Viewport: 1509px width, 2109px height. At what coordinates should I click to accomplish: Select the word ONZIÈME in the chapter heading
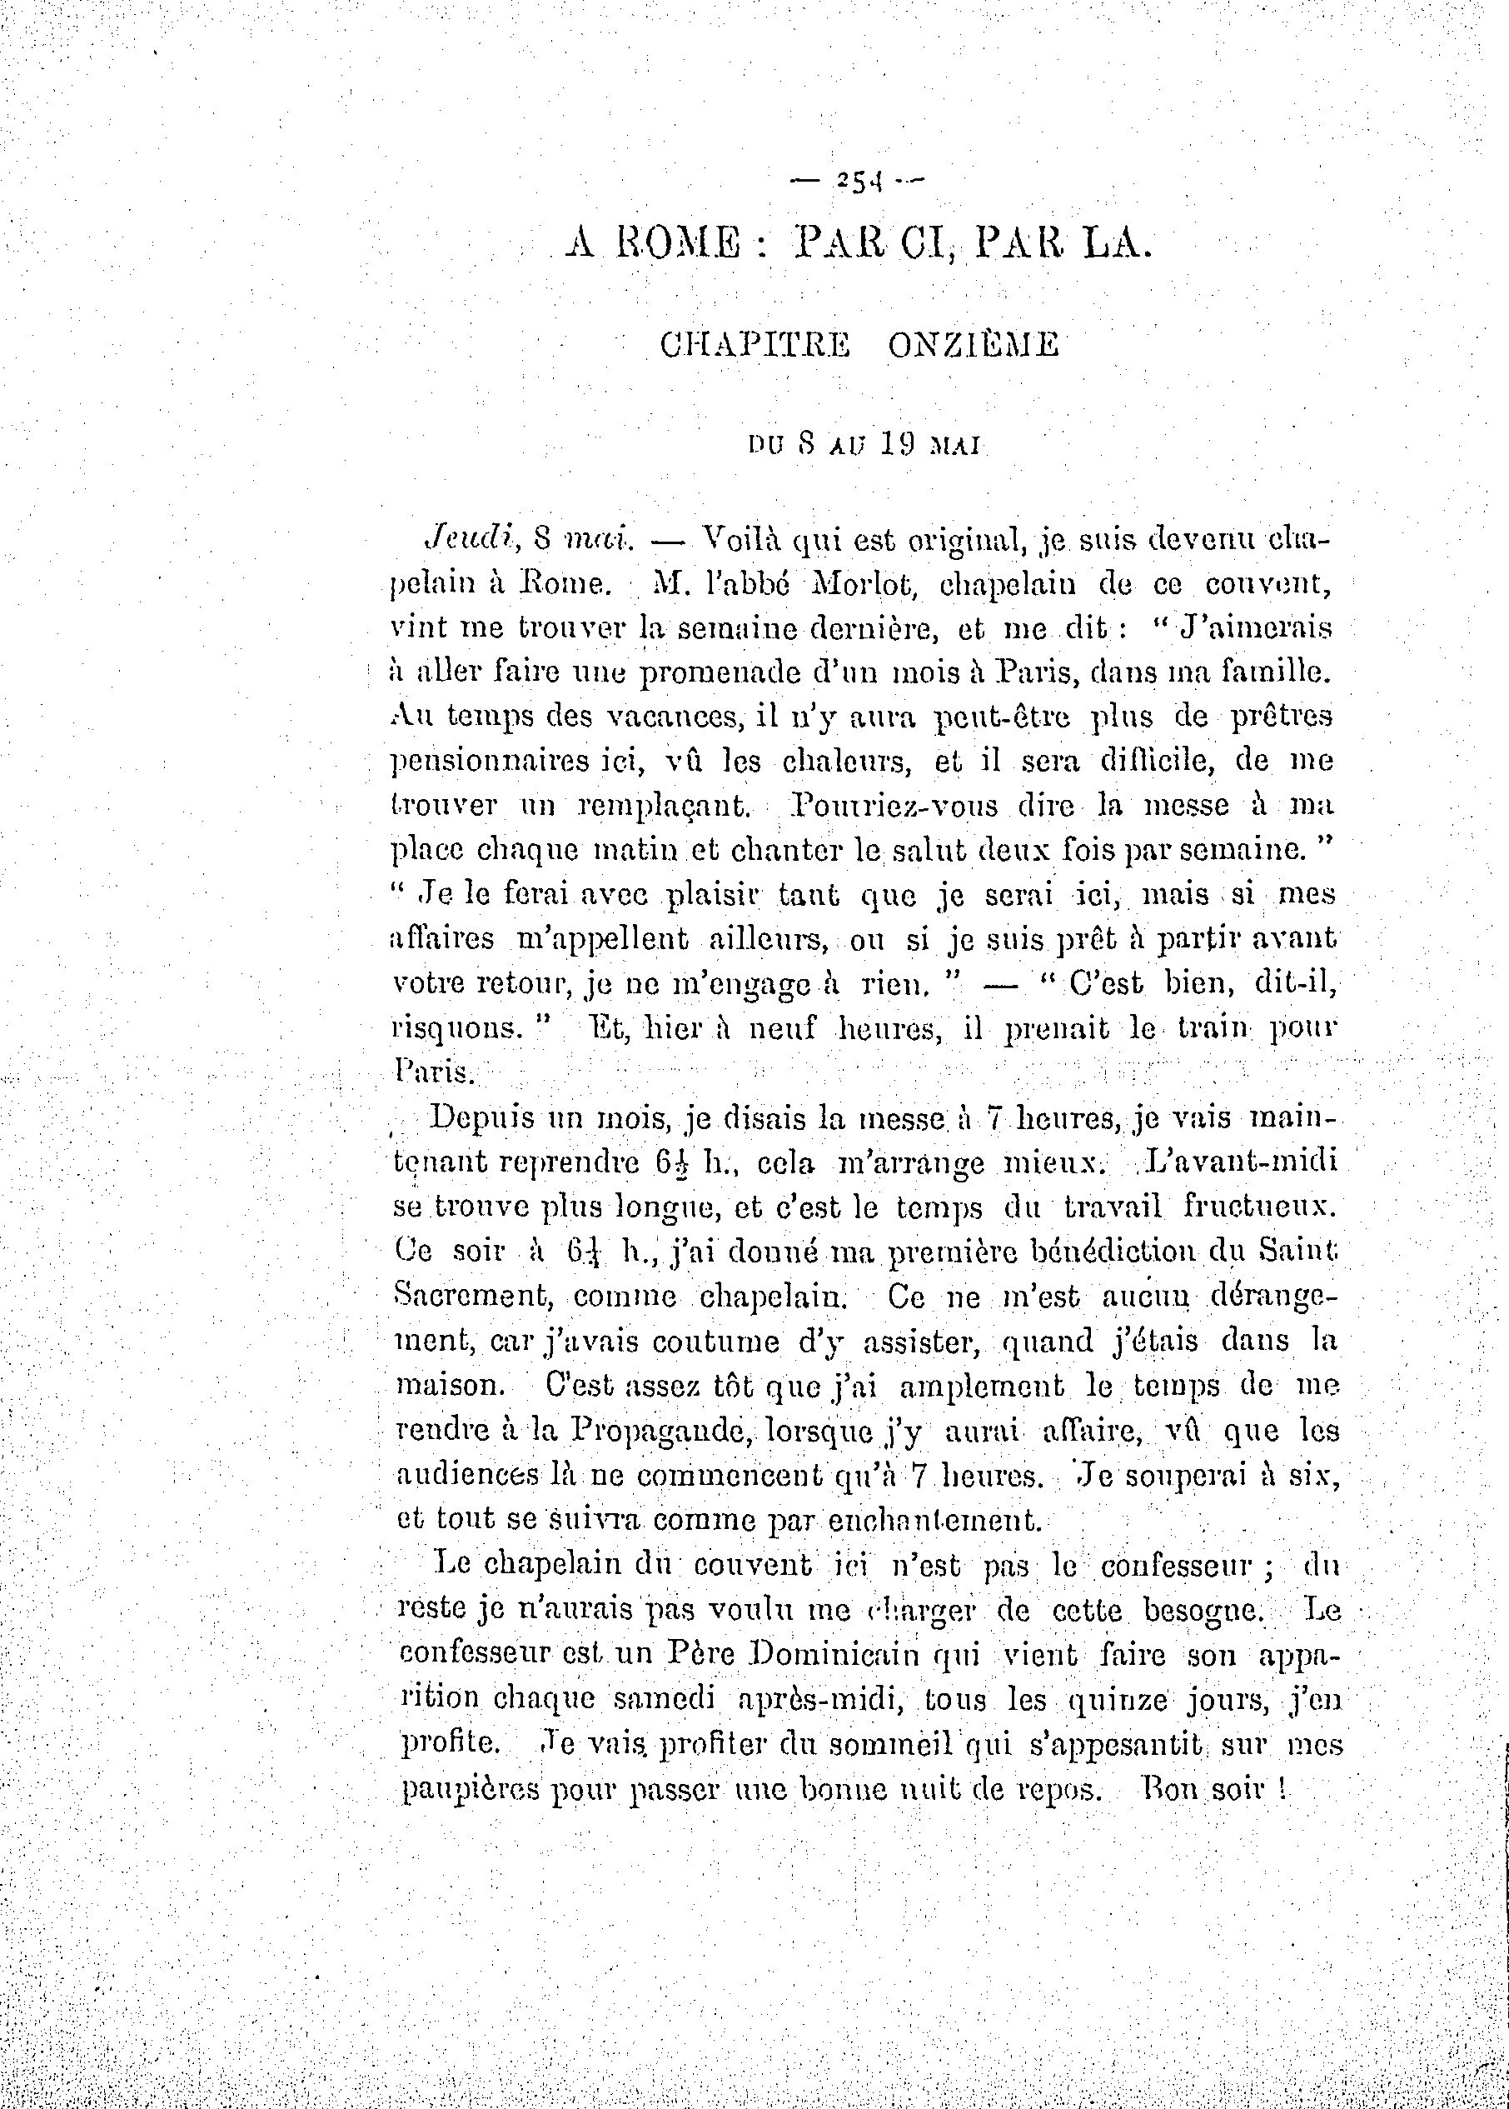(973, 346)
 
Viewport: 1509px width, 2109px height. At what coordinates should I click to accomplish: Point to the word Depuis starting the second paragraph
(481, 1117)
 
